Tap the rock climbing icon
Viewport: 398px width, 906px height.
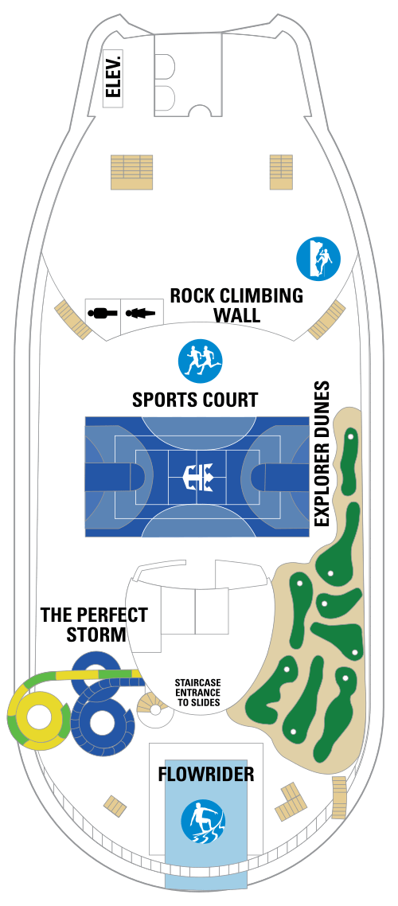(318, 259)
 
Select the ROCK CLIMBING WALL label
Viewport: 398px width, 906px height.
(236, 304)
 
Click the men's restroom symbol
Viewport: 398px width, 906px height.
(103, 313)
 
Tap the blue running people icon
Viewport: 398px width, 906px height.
(201, 361)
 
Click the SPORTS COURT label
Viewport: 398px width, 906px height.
(195, 400)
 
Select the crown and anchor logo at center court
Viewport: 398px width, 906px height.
(197, 477)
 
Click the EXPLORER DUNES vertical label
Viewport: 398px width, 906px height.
(321, 452)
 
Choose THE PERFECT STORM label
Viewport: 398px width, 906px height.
(94, 625)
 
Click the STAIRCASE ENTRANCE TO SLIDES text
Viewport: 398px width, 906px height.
(197, 692)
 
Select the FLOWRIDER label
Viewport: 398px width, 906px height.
(206, 774)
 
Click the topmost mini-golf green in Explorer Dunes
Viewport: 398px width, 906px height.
(349, 461)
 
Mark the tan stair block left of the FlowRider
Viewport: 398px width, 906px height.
(115, 806)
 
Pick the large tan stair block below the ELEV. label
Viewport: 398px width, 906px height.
(131, 172)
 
